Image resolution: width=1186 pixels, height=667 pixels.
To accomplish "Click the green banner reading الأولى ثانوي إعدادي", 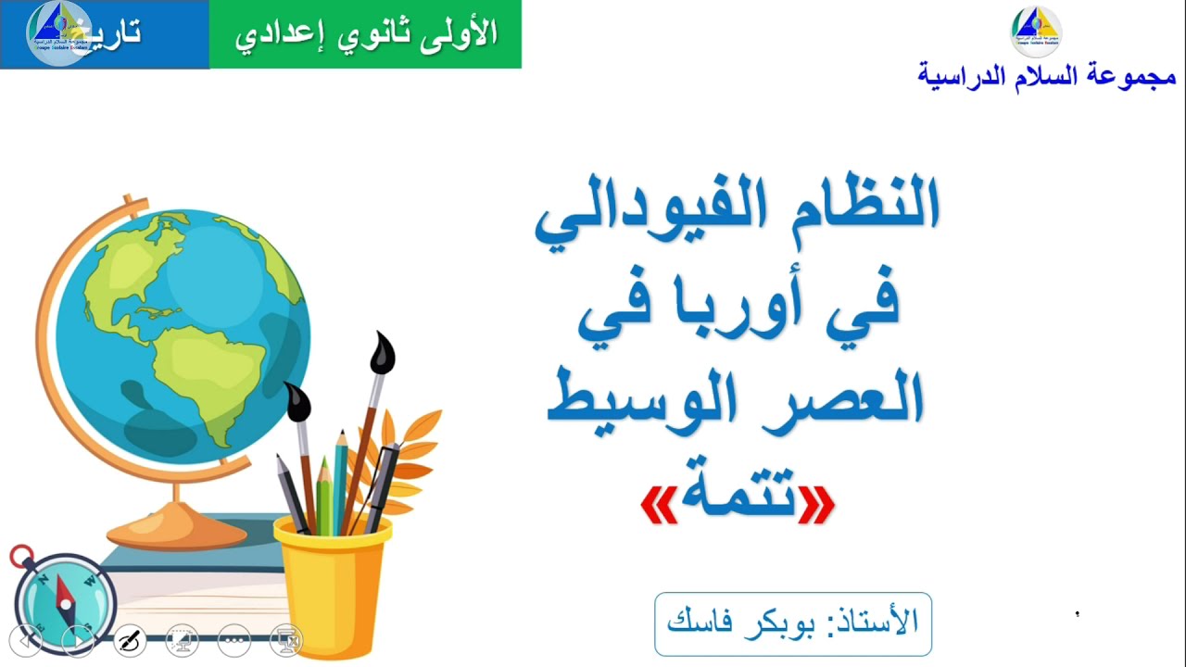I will click(x=365, y=34).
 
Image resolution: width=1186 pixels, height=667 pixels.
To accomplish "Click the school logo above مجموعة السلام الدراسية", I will click(x=1035, y=31).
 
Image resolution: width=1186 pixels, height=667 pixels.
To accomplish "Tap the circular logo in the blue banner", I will click(x=57, y=33).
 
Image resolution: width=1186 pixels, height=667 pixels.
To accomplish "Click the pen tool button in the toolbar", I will click(x=130, y=639).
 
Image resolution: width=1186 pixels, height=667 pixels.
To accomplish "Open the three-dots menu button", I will click(x=234, y=639).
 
